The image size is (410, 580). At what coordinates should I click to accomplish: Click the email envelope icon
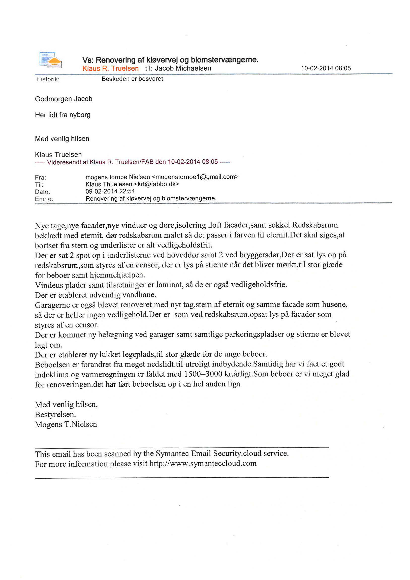point(51,60)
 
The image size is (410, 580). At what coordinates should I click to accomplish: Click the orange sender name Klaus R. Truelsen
point(110,69)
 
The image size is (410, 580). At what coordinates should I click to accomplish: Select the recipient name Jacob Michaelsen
point(183,69)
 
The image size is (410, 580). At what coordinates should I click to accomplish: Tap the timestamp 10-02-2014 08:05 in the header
point(326,68)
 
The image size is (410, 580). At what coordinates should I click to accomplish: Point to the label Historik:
point(48,79)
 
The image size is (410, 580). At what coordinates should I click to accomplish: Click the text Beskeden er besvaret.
point(133,79)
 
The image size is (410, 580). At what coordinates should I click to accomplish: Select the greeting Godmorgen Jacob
point(64,99)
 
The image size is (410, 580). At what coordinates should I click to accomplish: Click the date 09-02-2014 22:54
point(110,191)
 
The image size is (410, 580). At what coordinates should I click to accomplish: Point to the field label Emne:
point(44,199)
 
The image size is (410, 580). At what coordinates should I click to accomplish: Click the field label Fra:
point(40,177)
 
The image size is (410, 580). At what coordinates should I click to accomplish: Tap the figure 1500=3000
point(203,374)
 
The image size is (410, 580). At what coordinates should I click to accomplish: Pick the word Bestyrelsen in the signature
point(55,415)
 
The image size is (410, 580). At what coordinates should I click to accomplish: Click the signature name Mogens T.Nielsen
point(66,424)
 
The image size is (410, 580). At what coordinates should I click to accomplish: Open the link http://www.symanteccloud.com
point(203,464)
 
